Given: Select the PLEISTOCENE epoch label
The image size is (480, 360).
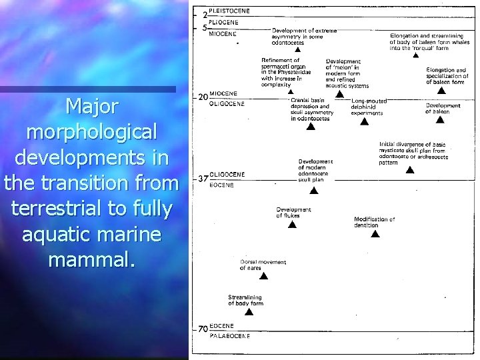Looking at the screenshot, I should pos(230,11).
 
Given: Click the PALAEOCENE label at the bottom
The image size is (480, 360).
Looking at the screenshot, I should pos(230,336).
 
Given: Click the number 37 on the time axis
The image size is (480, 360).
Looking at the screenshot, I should pos(203,179).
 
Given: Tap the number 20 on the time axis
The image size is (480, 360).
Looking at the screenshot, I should pos(203,97).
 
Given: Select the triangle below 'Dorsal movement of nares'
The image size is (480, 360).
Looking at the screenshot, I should pos(263,276).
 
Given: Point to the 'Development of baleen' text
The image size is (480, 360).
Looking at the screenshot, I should pos(443,109).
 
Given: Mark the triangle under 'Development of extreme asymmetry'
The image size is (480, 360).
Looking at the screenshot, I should pos(298,49).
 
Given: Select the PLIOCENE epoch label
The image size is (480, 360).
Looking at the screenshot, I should pos(225,21).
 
